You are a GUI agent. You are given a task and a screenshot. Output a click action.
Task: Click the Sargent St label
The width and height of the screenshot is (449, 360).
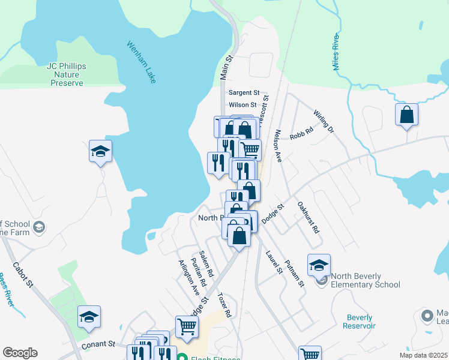pyautogui.click(x=244, y=93)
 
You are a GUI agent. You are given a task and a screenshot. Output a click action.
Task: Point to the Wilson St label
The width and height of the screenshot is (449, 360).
pyautogui.click(x=243, y=104)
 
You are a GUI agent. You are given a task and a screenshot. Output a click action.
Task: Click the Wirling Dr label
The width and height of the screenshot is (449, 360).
pyautogui.click(x=323, y=121)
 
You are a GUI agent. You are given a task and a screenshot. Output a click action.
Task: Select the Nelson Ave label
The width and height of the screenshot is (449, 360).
pyautogui.click(x=279, y=146)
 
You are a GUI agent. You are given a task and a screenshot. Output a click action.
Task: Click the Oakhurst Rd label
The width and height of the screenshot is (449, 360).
pyautogui.click(x=309, y=217)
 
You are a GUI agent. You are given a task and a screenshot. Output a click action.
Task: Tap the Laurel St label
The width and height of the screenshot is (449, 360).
pyautogui.click(x=274, y=262)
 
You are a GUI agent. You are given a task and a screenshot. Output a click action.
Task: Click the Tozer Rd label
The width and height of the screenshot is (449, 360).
pyautogui.click(x=224, y=305)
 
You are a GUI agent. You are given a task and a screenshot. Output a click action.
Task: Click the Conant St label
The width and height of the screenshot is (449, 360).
pyautogui.click(x=99, y=344)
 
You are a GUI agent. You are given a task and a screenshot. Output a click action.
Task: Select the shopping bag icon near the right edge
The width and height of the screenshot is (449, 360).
pyautogui.click(x=406, y=114)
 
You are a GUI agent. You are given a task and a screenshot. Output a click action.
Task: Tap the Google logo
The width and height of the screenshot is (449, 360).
pyautogui.click(x=20, y=353)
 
